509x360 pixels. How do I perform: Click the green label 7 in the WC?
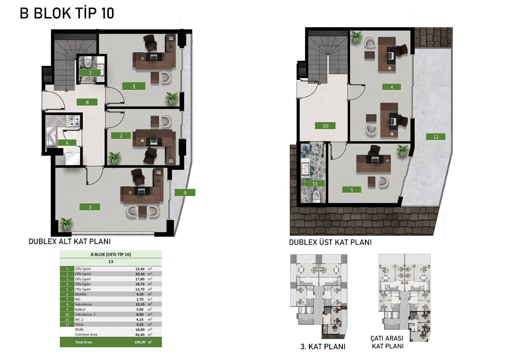pyautogui.click(x=90, y=73)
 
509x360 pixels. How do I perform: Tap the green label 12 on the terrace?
pyautogui.click(x=436, y=137)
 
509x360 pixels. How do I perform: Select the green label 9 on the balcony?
pyautogui.click(x=185, y=193)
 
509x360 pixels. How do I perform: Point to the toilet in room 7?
pyautogui.click(x=87, y=61)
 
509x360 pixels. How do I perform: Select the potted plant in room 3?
pyautogui.click(x=66, y=223)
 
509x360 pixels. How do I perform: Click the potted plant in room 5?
pyautogui.click(x=402, y=150)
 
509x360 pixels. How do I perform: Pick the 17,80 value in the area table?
pyautogui.click(x=140, y=279)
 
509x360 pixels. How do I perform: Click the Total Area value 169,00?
pyautogui.click(x=140, y=342)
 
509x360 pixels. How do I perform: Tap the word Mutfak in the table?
pyautogui.click(x=81, y=294)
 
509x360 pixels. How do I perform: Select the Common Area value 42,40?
pyautogui.click(x=140, y=335)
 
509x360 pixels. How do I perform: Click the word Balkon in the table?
pyautogui.click(x=80, y=309)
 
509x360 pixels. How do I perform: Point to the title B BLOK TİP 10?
pyautogui.click(x=67, y=13)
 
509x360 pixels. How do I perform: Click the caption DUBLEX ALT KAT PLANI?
pyautogui.click(x=70, y=242)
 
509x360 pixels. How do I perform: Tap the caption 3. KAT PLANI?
pyautogui.click(x=323, y=347)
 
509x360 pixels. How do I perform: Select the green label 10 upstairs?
pyautogui.click(x=325, y=126)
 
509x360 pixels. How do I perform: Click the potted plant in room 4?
pyautogui.click(x=356, y=36)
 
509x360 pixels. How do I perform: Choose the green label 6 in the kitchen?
pyautogui.click(x=67, y=143)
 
